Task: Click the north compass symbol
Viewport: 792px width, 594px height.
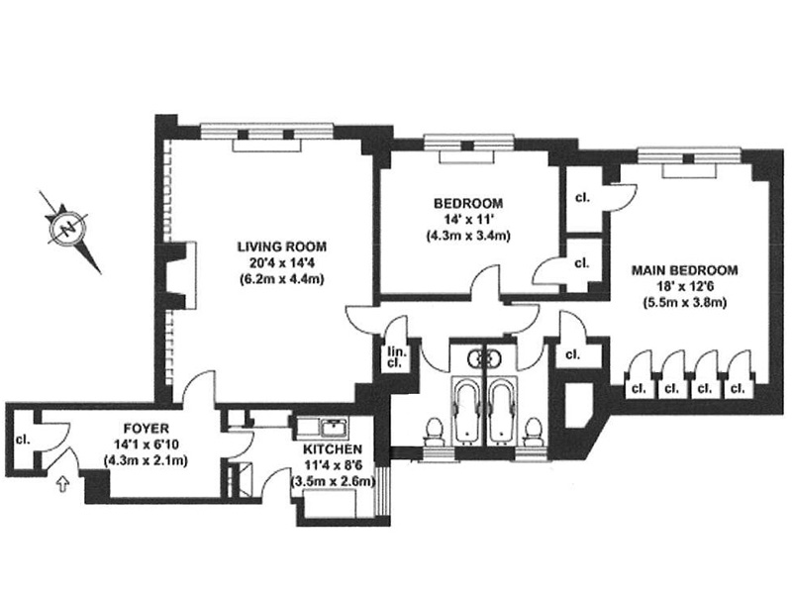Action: click(67, 230)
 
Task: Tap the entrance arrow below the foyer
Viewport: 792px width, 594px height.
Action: click(62, 484)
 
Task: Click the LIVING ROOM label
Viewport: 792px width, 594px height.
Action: click(282, 247)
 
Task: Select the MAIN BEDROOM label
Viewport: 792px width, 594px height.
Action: click(684, 270)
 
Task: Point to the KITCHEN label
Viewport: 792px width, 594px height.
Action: click(333, 449)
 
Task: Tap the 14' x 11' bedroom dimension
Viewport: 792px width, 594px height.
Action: click(468, 220)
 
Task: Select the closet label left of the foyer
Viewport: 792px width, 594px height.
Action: click(23, 440)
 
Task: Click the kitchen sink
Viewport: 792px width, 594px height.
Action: click(335, 429)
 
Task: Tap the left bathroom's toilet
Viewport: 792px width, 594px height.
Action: click(434, 431)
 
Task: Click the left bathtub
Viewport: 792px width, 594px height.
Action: click(467, 411)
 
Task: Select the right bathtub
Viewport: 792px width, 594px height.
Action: click(503, 411)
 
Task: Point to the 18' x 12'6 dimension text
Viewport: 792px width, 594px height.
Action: click(685, 286)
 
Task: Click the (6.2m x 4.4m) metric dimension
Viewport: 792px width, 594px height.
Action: click(282, 279)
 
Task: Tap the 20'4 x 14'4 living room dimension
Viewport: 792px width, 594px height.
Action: click(282, 263)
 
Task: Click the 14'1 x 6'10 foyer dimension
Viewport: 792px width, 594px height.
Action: click(147, 445)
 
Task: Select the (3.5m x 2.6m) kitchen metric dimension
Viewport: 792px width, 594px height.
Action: click(333, 481)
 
